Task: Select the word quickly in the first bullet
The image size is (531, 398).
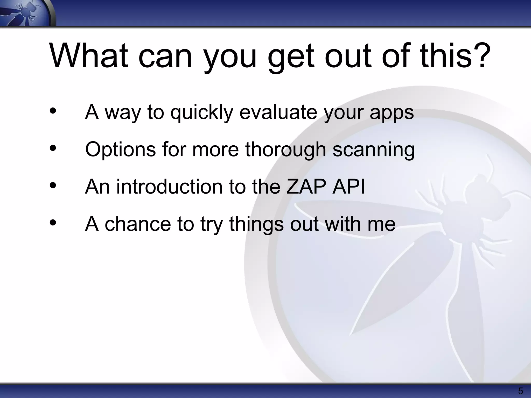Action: pos(202,113)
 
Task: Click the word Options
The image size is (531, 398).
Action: pos(120,150)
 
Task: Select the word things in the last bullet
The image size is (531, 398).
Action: pos(256,224)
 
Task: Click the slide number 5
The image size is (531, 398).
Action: pos(520,391)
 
